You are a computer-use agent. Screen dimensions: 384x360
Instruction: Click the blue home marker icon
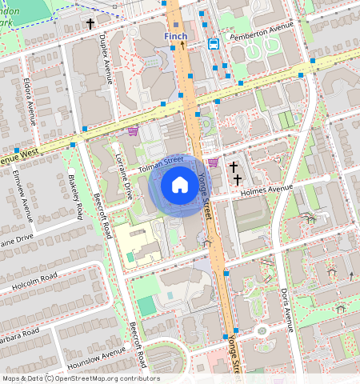point(180,186)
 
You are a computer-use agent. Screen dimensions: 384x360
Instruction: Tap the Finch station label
point(174,37)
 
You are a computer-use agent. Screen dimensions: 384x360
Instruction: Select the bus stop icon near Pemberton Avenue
point(214,44)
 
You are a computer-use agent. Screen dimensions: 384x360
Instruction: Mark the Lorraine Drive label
point(123,176)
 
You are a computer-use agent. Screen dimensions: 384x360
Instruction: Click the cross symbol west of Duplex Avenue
point(90,24)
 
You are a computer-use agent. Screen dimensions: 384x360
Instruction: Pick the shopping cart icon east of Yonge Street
point(213,162)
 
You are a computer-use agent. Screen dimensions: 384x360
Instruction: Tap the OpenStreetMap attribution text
point(80,378)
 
